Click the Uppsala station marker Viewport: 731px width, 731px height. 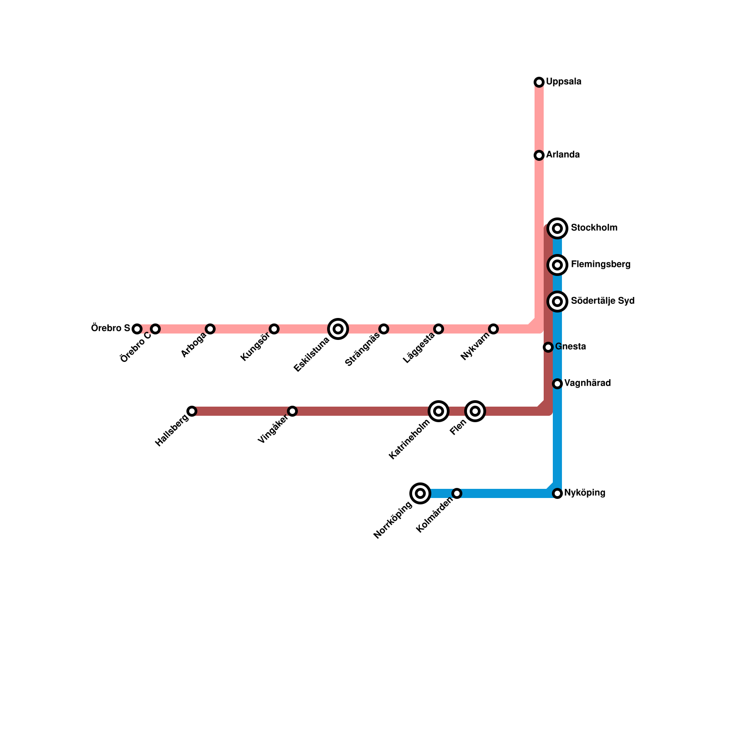539,82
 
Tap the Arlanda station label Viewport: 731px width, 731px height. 563,155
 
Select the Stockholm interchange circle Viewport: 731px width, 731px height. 557,228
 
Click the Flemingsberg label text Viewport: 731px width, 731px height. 600,265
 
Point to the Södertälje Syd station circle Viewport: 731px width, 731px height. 557,301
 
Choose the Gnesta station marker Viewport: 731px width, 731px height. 548,347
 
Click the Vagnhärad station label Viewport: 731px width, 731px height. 587,383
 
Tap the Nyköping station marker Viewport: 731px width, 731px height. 557,493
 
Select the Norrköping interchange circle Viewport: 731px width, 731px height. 421,493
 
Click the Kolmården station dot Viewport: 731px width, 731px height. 457,493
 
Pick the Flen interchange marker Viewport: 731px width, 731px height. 475,411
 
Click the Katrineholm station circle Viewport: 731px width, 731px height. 439,411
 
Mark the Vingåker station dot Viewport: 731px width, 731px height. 292,411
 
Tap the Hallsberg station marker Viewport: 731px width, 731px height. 192,411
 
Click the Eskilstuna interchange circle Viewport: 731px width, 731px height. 338,328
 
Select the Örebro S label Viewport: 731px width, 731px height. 111,328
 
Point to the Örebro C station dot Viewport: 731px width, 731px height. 155,329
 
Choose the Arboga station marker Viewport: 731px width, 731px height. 210,329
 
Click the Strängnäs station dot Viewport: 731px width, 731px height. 384,329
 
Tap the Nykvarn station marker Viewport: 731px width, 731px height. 493,329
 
